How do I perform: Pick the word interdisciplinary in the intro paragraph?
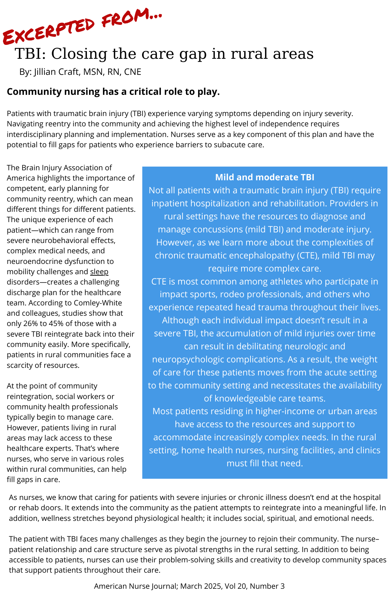36,134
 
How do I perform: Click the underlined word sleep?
99,272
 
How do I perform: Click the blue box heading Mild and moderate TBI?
264,177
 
